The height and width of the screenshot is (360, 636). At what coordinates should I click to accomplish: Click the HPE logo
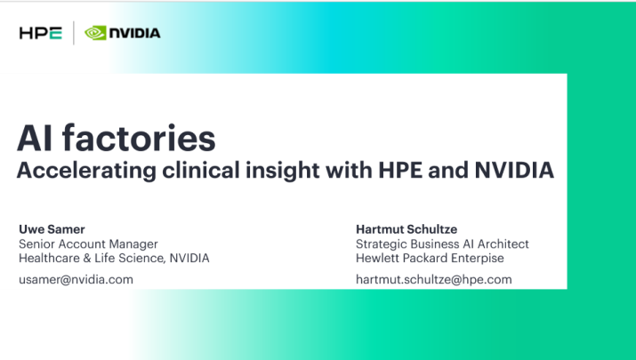pyautogui.click(x=41, y=33)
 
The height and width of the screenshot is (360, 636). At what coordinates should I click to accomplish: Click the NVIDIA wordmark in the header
pyautogui.click(x=134, y=33)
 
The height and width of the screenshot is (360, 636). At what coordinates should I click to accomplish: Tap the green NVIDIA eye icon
pyautogui.click(x=95, y=33)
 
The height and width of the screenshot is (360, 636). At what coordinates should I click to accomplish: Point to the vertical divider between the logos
pyautogui.click(x=74, y=33)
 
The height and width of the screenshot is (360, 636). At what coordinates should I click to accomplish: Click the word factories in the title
pyautogui.click(x=139, y=138)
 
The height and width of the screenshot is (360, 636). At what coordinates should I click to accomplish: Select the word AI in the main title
pyautogui.click(x=35, y=139)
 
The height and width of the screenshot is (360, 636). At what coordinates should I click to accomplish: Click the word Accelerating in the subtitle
pyautogui.click(x=86, y=171)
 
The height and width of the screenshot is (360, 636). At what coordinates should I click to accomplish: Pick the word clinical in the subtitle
pyautogui.click(x=201, y=170)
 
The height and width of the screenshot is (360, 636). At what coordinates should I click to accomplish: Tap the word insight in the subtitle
pyautogui.click(x=282, y=171)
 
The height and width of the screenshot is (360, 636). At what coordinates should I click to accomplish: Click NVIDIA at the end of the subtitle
pyautogui.click(x=514, y=170)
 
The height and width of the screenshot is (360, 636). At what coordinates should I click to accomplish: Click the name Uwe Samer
pyautogui.click(x=52, y=229)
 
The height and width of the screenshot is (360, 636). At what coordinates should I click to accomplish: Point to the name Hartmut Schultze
pyautogui.click(x=407, y=229)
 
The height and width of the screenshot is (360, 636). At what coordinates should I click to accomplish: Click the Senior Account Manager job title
pyautogui.click(x=88, y=244)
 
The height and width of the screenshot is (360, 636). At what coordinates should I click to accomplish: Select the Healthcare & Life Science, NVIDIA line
pyautogui.click(x=114, y=259)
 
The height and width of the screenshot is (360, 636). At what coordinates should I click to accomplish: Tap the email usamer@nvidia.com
pyautogui.click(x=76, y=280)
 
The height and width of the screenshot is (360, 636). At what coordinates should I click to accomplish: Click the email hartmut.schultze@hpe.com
pyautogui.click(x=433, y=280)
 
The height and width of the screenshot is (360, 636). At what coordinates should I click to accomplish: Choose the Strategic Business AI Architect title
pyautogui.click(x=442, y=244)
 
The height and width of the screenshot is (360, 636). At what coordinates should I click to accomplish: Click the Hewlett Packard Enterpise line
pyautogui.click(x=430, y=259)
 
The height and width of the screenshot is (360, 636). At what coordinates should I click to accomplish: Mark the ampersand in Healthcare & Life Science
pyautogui.click(x=87, y=259)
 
